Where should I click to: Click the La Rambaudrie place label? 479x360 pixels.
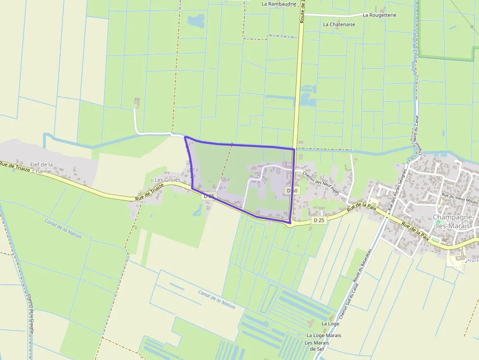tap(279, 4)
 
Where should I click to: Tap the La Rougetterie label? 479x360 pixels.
tap(379, 15)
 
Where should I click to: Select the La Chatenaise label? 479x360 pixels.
tap(339, 24)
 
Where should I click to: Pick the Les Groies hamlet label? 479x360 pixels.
tap(168, 180)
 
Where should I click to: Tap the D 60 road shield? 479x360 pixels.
tap(292, 190)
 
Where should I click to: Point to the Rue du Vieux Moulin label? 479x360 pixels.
tap(459, 198)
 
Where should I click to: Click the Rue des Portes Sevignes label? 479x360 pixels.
tap(397, 190)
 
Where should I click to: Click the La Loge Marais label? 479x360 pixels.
tap(324, 336)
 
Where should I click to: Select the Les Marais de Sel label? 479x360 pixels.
tap(317, 346)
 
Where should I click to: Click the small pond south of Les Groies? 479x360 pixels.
tap(198, 211)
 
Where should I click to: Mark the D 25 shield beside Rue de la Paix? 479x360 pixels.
tap(319, 220)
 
